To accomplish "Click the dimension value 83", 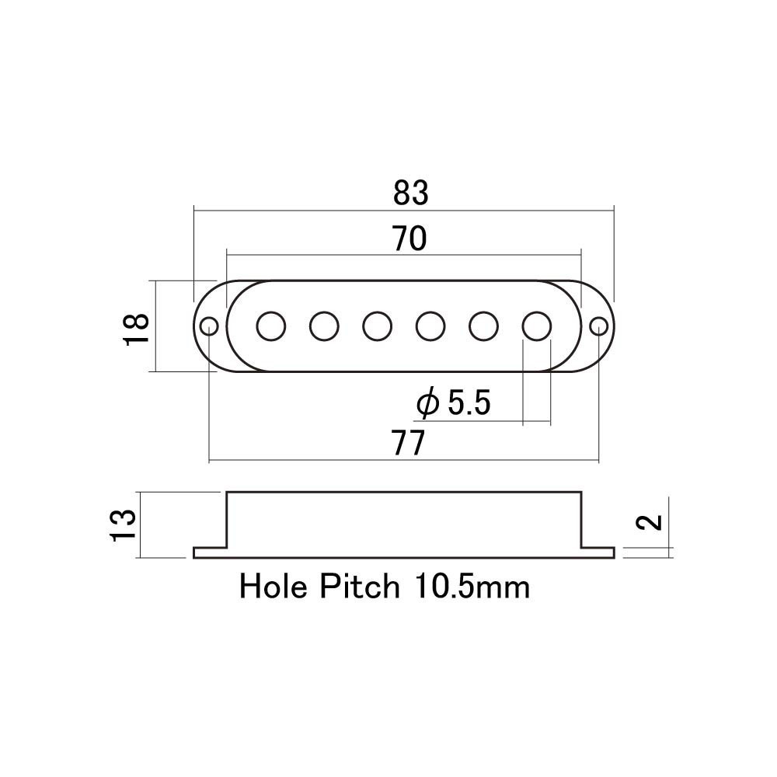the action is pos(410,193).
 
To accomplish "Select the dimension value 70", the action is pos(409,239).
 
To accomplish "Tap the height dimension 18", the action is pos(137,329).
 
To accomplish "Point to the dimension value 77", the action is pos(409,443).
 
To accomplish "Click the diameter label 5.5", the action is pos(469,402).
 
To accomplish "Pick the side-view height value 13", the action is pos(123,525).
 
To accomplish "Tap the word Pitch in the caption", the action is pos(360,587).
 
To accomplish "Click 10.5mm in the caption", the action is pos(472,587).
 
